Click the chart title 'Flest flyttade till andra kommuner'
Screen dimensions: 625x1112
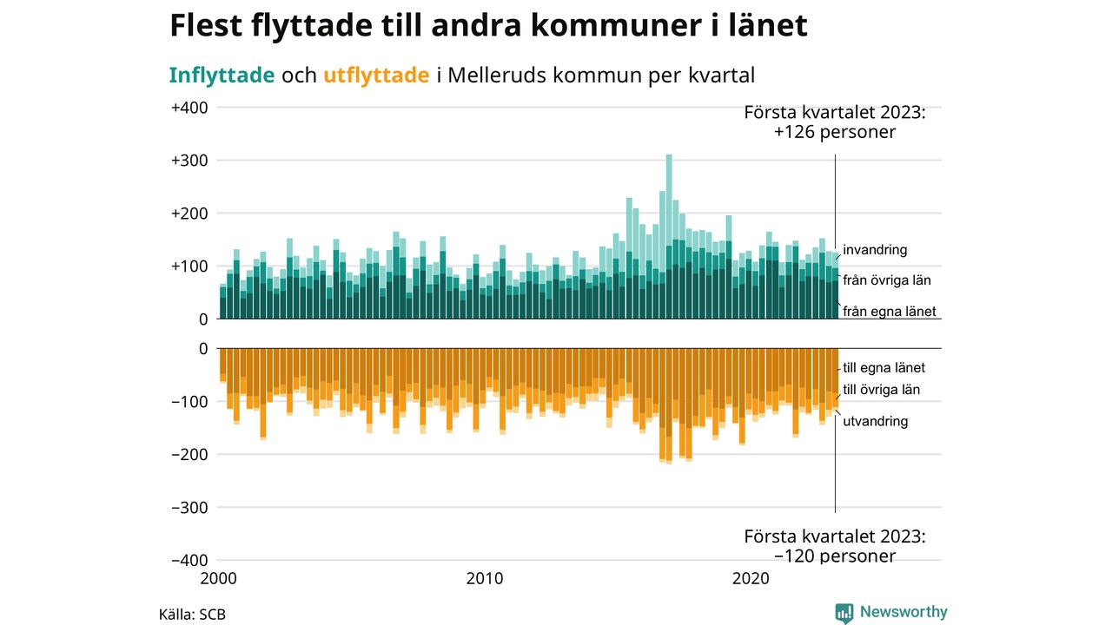tap(488, 26)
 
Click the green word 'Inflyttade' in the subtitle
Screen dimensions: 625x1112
tap(222, 76)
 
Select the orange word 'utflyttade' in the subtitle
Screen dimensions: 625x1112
tap(376, 76)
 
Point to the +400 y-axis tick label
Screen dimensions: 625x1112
tap(189, 108)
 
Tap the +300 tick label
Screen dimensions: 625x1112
tap(189, 161)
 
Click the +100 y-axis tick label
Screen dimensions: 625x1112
tap(189, 266)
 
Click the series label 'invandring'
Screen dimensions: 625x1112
tap(875, 250)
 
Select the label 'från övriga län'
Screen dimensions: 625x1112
tap(888, 280)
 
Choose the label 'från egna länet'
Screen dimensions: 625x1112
tap(890, 312)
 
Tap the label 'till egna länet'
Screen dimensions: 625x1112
tap(884, 368)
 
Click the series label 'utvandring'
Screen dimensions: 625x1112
tap(876, 421)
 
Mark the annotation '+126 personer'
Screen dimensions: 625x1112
tap(834, 133)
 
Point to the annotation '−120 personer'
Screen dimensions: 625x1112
tap(834, 556)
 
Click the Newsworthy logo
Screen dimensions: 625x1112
tap(891, 612)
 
